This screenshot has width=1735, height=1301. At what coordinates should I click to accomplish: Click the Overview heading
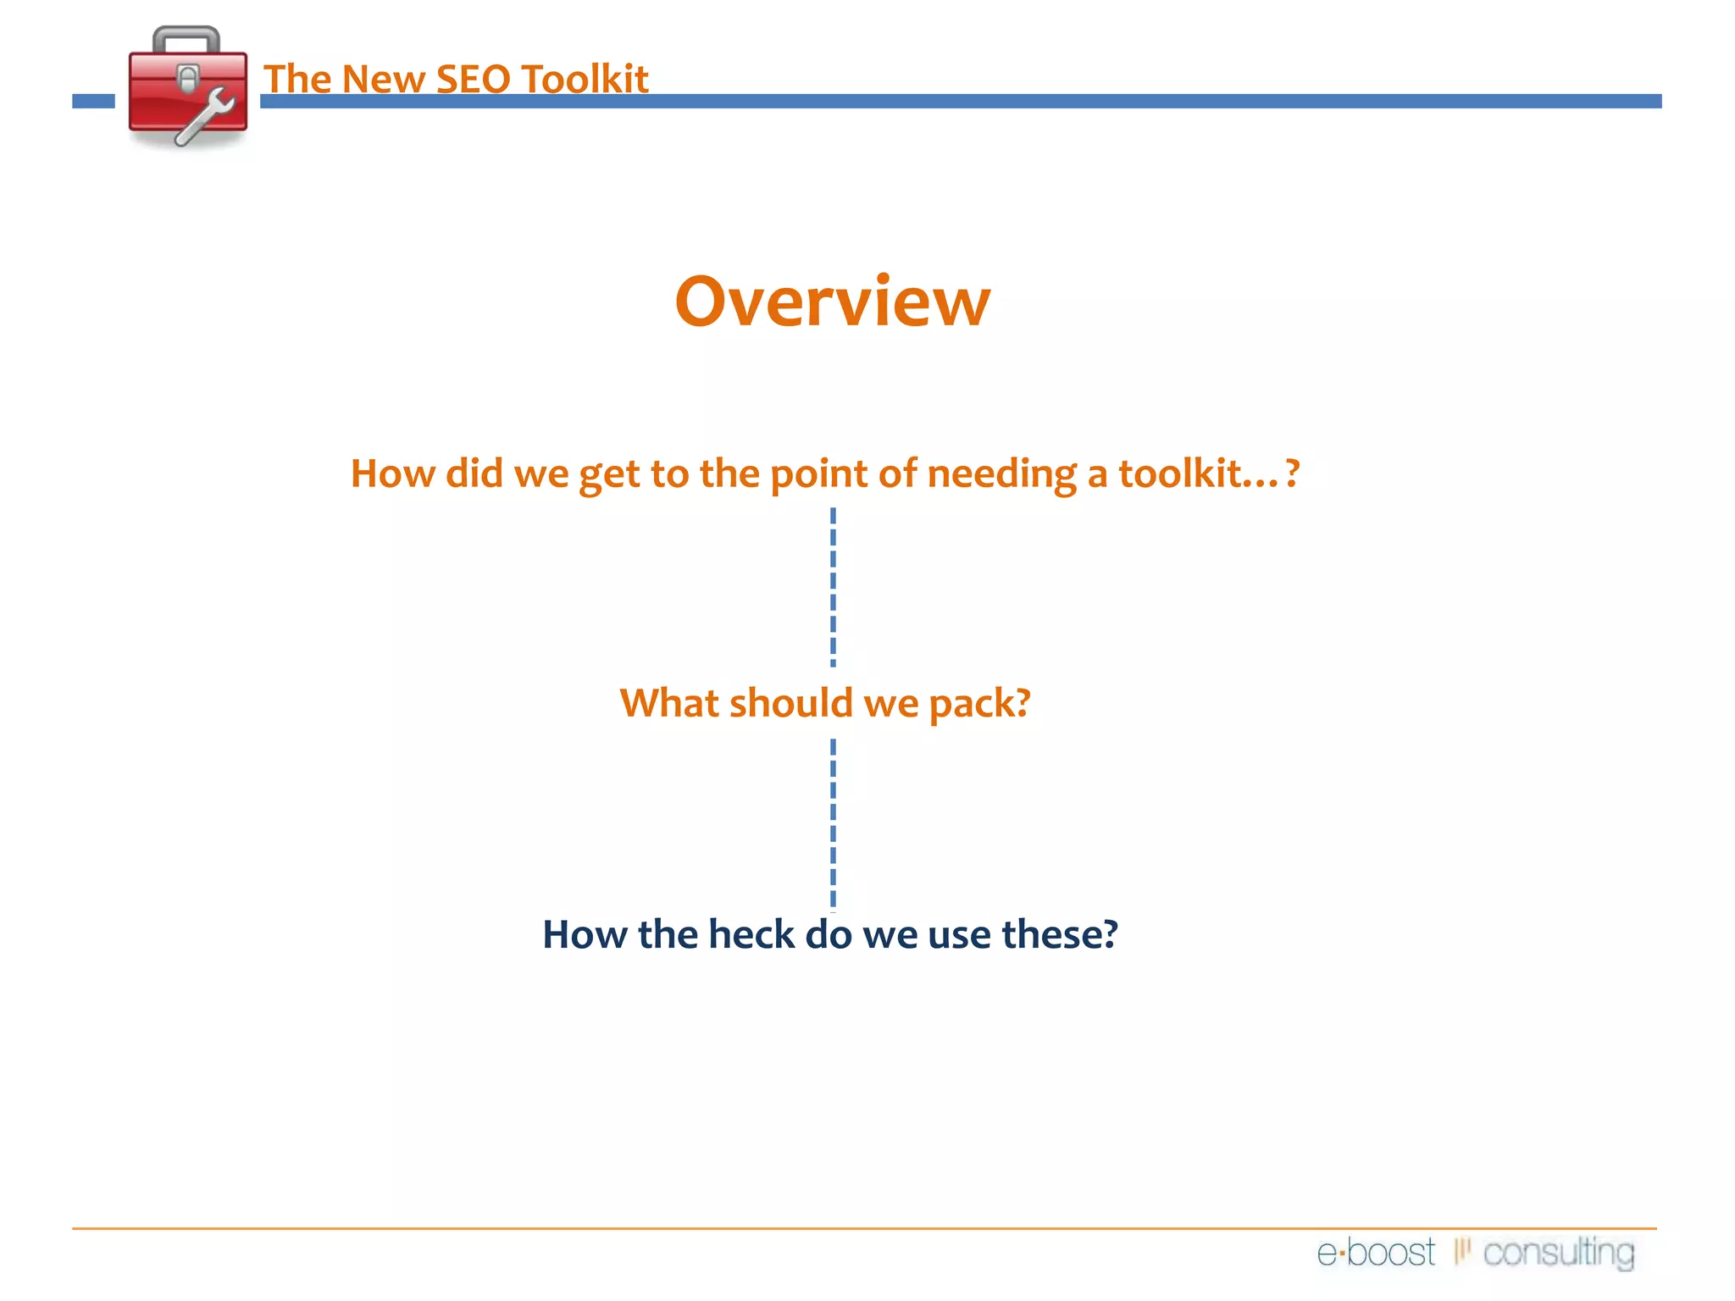click(x=832, y=302)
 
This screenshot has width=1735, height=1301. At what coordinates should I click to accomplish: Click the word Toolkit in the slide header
click(x=585, y=79)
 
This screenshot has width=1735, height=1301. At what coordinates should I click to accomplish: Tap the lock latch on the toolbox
click(x=188, y=79)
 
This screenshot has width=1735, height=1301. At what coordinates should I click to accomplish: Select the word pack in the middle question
click(x=979, y=704)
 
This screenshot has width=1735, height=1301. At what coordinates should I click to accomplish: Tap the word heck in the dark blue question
click(x=751, y=935)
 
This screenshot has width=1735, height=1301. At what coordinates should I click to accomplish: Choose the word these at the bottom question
click(x=1059, y=935)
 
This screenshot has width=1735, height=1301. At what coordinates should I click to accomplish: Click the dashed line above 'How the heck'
click(x=833, y=822)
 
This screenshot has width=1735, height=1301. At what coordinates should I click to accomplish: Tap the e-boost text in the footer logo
click(x=1376, y=1253)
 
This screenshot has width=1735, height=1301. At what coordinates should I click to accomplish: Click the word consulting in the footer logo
click(x=1559, y=1253)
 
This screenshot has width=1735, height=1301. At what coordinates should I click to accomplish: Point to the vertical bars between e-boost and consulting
click(x=1461, y=1251)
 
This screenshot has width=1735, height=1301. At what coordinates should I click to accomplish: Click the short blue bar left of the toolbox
click(x=93, y=102)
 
